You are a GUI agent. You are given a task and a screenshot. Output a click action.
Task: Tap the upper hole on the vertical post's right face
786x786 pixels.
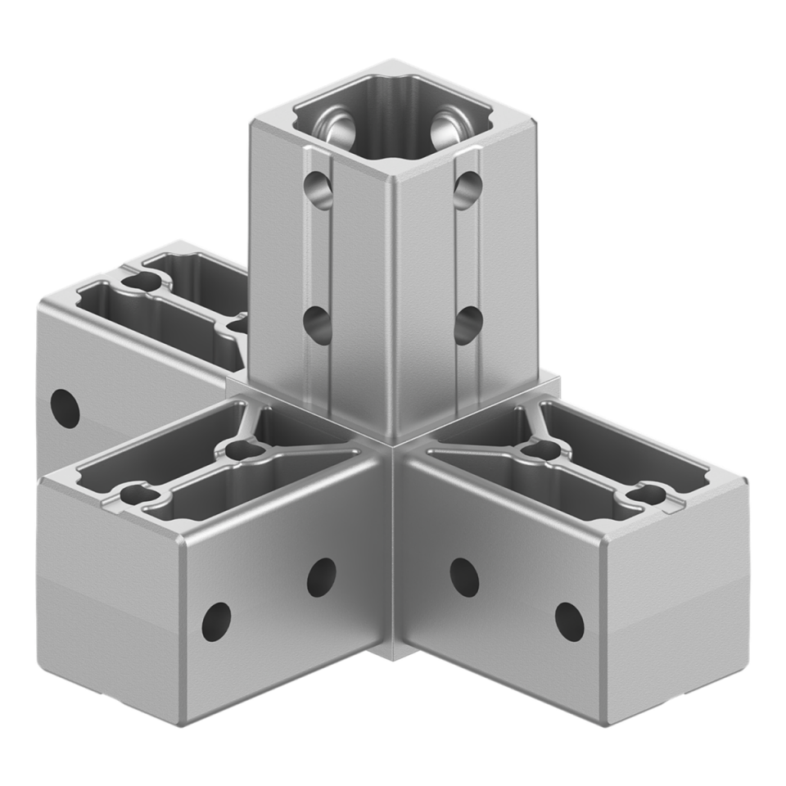point(468,190)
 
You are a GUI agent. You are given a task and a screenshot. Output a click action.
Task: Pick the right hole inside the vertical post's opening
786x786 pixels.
point(446,125)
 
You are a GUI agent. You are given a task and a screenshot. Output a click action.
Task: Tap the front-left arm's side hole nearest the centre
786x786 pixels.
point(321,576)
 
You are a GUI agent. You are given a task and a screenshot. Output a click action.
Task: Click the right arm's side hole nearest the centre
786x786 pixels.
point(463,576)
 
